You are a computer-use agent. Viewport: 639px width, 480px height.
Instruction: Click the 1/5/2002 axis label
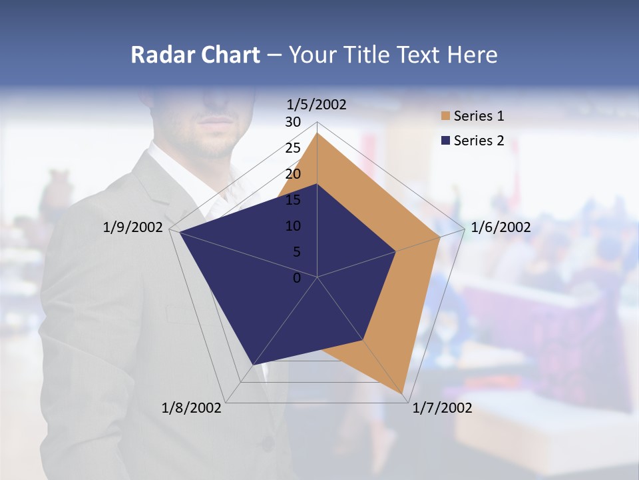pyautogui.click(x=317, y=105)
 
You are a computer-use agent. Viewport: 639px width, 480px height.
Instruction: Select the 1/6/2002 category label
pyautogui.click(x=501, y=227)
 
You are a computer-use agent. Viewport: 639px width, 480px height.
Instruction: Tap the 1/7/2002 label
pyautogui.click(x=442, y=408)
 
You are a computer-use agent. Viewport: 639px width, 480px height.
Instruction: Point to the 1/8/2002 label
pyautogui.click(x=192, y=408)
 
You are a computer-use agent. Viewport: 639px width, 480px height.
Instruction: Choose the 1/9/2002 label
pyautogui.click(x=133, y=227)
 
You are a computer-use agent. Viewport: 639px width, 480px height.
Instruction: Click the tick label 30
pyautogui.click(x=293, y=122)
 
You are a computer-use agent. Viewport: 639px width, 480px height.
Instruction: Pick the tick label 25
pyautogui.click(x=293, y=148)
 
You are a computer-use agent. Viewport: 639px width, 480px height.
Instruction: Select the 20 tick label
pyautogui.click(x=293, y=174)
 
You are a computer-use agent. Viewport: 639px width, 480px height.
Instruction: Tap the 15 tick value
pyautogui.click(x=293, y=200)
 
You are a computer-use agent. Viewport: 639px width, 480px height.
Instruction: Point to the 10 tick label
pyautogui.click(x=293, y=226)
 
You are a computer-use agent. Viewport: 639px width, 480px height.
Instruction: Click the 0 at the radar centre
pyautogui.click(x=297, y=278)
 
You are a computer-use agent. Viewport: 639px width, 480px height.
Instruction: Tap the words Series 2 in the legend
pyautogui.click(x=479, y=141)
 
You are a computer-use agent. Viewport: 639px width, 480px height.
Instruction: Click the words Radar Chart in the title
pyautogui.click(x=195, y=55)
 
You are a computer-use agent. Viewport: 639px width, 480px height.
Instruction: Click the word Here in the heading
pyautogui.click(x=473, y=55)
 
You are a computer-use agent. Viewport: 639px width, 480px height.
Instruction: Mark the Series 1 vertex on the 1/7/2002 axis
pyautogui.click(x=403, y=393)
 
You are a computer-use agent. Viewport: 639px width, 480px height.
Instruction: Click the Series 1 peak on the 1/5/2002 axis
pyautogui.click(x=318, y=133)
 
